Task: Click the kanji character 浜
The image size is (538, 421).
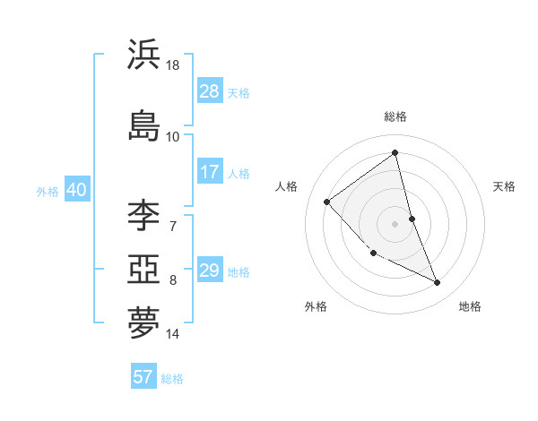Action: [143, 56]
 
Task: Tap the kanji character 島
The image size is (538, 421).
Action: [143, 125]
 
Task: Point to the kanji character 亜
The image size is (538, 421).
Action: [143, 269]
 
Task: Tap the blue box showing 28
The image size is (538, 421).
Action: [210, 91]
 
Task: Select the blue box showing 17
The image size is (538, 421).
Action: [210, 172]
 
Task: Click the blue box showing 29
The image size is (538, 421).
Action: [210, 271]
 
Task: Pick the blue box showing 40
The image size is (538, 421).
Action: [76, 190]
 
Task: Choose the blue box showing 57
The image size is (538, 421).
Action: [143, 377]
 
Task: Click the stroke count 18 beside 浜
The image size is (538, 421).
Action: [174, 65]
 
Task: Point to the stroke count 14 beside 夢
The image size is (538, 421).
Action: [173, 334]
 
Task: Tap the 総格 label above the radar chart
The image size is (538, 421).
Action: [395, 116]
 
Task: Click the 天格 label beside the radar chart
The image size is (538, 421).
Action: [504, 186]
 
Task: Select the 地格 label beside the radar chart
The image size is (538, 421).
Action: [470, 306]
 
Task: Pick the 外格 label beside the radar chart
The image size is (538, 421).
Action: [316, 306]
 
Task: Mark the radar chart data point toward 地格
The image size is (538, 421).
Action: [438, 283]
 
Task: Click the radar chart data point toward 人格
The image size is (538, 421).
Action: [327, 202]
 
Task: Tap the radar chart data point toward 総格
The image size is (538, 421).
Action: [395, 153]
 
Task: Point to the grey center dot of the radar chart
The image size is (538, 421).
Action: [395, 223]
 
